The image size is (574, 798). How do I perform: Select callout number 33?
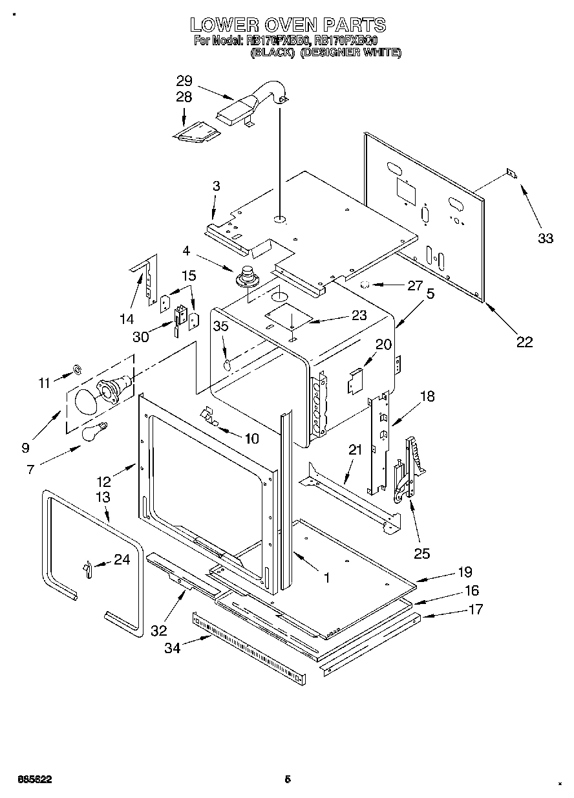(x=546, y=239)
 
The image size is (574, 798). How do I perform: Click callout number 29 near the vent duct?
(x=184, y=81)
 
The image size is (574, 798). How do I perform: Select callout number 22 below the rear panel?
(x=524, y=342)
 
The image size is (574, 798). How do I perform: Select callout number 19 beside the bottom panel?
(x=465, y=572)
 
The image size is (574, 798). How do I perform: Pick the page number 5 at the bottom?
(x=288, y=779)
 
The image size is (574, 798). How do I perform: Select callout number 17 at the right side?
(x=475, y=609)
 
